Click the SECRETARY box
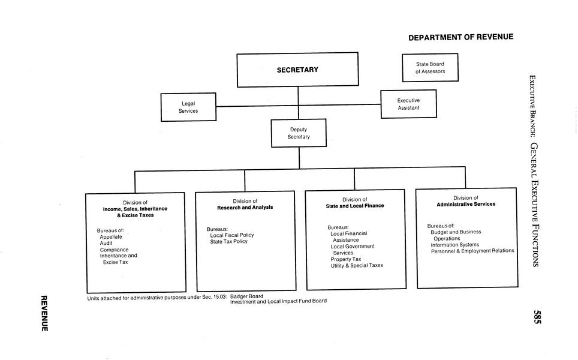297,70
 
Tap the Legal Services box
188,107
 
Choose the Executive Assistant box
408,104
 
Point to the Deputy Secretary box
299,133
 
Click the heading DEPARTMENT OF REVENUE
460,37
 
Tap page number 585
537,316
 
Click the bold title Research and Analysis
245,208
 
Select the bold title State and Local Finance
355,206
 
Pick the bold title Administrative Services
466,204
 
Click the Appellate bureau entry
111,237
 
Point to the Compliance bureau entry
114,250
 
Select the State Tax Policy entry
228,241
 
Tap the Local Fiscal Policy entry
231,235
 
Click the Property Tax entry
346,259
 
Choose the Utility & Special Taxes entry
357,265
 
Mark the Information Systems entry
454,245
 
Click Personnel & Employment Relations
472,251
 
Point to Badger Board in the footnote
246,296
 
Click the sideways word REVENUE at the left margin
44,313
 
